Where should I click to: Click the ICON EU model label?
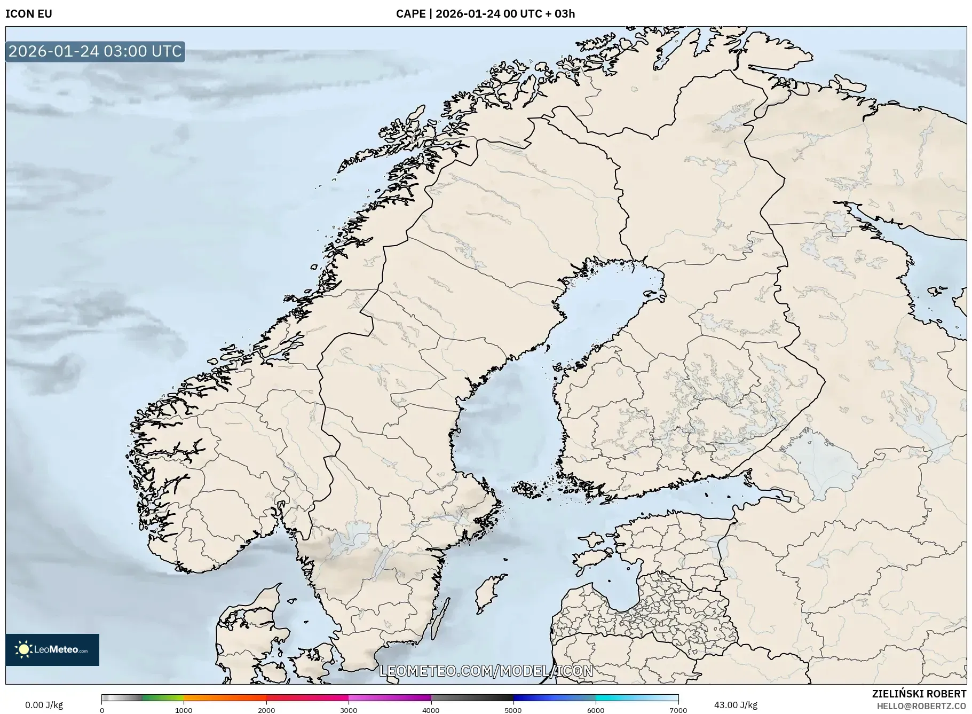(x=29, y=14)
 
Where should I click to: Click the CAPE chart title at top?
(x=485, y=14)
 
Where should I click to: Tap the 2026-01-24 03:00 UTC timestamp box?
(x=95, y=51)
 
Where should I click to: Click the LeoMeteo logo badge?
(x=52, y=649)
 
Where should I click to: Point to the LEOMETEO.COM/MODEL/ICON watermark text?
(x=486, y=671)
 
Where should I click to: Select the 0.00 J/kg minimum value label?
(x=44, y=705)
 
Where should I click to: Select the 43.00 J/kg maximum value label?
(x=736, y=705)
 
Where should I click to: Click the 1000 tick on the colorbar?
(x=184, y=710)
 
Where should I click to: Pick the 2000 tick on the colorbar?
(x=266, y=710)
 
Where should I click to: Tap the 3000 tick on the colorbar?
(x=349, y=710)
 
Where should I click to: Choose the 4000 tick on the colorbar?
(x=431, y=710)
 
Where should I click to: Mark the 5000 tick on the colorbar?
(x=513, y=710)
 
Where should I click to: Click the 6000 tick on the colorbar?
(x=596, y=710)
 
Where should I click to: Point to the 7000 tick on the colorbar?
(x=678, y=710)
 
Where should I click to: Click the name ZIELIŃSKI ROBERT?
(x=919, y=694)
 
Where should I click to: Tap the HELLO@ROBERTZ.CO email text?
(x=921, y=706)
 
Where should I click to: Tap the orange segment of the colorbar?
(x=224, y=697)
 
